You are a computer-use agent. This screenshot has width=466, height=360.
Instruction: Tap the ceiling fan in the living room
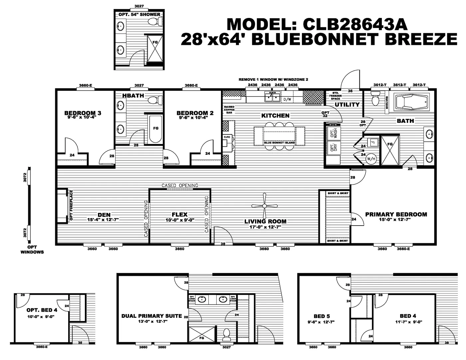click(x=265, y=206)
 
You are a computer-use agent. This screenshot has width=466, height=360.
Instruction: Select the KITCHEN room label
click(x=275, y=115)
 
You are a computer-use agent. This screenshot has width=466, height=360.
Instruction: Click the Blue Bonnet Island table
click(x=279, y=136)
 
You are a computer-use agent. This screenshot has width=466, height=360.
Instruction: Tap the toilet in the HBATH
click(x=155, y=100)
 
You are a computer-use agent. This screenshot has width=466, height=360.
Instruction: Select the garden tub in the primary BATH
click(x=411, y=102)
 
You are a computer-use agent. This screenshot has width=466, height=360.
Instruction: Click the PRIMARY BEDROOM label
click(x=396, y=214)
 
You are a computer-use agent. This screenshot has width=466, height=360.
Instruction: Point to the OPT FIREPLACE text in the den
click(x=71, y=205)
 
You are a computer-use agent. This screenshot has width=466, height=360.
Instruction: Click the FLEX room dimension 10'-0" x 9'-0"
click(x=180, y=220)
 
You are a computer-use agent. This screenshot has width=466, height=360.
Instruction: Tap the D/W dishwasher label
click(x=287, y=99)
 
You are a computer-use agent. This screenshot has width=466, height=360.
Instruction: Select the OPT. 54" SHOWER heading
click(x=139, y=15)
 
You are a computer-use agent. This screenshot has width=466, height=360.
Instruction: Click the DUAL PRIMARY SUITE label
click(x=151, y=316)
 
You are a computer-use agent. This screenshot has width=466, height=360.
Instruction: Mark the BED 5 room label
click(x=322, y=316)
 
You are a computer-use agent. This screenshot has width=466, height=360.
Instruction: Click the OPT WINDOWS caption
click(x=32, y=250)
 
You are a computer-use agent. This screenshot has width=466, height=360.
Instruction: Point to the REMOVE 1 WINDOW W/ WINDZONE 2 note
click(x=273, y=80)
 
